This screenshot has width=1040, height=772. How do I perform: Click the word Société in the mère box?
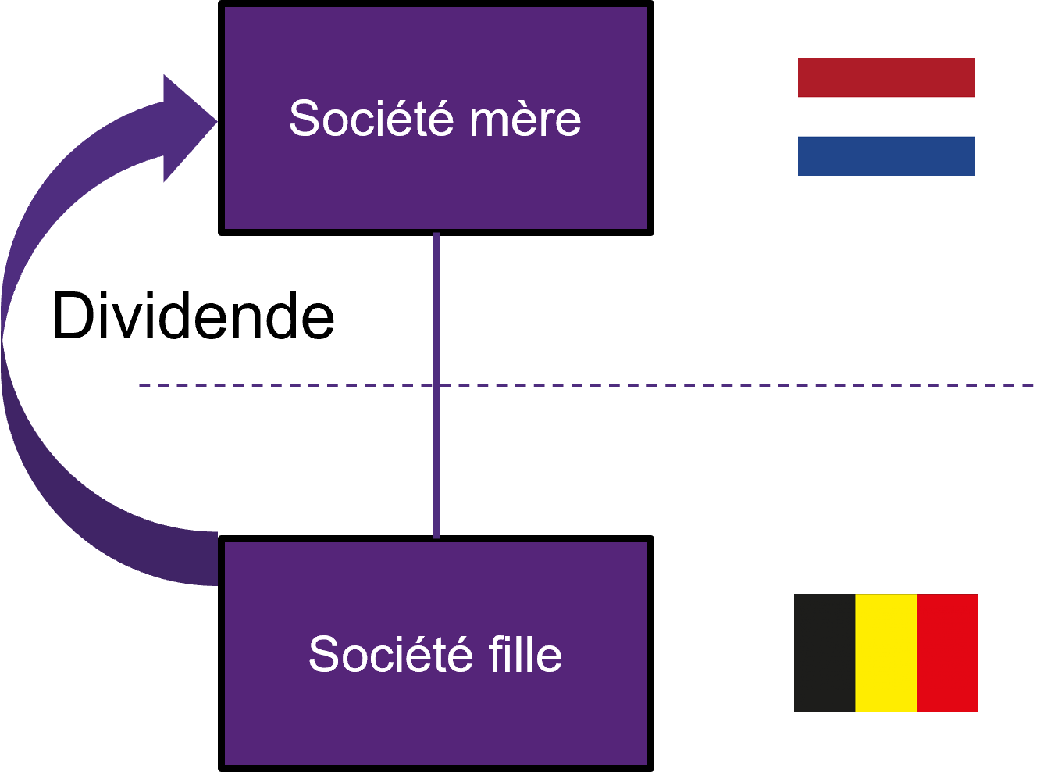coord(371,119)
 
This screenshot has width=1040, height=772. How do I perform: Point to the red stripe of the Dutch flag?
coord(886,77)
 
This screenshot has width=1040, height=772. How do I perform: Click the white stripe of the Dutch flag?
coord(886,116)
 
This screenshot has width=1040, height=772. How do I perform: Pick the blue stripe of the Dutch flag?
coord(886,155)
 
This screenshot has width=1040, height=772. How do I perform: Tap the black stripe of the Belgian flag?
coord(825,652)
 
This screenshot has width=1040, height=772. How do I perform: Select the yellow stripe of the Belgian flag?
coord(886,652)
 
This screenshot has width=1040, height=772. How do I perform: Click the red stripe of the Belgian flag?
coord(947,652)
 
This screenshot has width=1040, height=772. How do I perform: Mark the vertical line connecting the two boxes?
coord(436,313)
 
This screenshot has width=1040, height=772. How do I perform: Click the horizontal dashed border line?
coord(703,385)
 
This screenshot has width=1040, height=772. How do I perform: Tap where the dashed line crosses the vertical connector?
coord(436,385)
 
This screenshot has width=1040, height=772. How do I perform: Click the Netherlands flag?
coord(886,116)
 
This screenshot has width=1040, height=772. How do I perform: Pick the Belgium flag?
coord(886,652)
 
